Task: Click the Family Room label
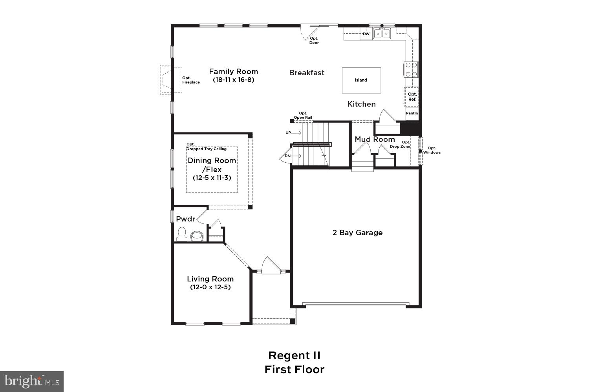[233, 72]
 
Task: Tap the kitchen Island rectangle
[361, 80]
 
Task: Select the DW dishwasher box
[366, 34]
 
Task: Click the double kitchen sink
[382, 34]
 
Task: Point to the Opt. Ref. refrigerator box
[412, 97]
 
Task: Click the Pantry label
[412, 113]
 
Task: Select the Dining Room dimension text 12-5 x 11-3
[212, 178]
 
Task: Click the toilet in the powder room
[181, 234]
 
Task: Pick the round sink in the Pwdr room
[196, 236]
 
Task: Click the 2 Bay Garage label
[357, 232]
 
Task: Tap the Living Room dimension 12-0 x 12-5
[210, 287]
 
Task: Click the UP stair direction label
[288, 133]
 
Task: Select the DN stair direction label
[287, 156]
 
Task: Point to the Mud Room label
[375, 140]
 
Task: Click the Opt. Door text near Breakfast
[314, 40]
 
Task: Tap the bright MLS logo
[32, 381]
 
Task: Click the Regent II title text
[294, 356]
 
